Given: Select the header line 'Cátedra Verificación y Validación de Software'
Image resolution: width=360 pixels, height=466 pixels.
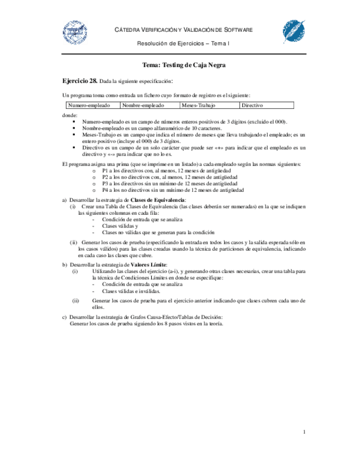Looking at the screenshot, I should click(184, 29).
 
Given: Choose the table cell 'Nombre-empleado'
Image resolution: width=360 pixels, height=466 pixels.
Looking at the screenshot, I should click(143, 105).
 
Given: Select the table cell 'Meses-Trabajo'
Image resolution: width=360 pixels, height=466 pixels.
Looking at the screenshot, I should click(198, 105).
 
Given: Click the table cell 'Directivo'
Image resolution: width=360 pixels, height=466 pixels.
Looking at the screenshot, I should click(252, 105).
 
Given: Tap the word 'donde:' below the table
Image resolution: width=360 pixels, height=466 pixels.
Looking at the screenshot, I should click(70, 115).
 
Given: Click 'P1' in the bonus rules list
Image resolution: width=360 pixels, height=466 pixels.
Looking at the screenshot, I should click(106, 171).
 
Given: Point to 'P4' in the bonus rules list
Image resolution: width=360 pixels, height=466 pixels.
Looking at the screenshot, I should click(106, 190).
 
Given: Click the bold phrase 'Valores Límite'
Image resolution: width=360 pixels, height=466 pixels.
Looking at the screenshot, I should click(148, 264).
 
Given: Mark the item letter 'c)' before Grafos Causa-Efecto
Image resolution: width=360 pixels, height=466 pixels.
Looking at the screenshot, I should click(64, 317).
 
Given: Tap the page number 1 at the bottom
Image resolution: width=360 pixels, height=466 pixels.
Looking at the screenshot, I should click(304, 432).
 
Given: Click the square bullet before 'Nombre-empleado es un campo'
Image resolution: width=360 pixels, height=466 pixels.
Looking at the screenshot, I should click(74, 127).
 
